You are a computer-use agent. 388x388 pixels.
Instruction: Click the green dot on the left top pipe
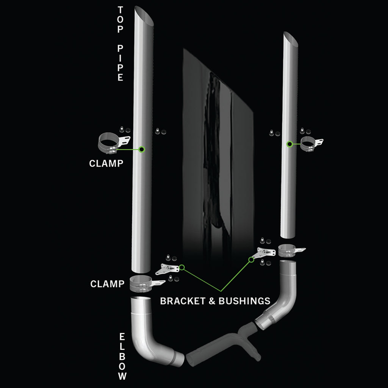(142, 150)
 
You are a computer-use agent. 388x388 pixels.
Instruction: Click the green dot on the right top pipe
(289, 144)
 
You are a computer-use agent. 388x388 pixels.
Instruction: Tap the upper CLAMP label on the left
(106, 163)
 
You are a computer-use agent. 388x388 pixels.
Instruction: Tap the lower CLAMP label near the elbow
(108, 284)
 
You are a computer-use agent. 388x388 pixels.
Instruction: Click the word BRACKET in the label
(183, 301)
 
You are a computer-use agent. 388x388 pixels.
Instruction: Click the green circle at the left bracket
(182, 268)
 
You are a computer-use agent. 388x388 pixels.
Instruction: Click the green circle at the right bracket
(251, 260)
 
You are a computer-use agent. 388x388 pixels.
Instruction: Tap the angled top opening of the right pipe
(291, 38)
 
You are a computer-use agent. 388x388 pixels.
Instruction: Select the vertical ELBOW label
(122, 356)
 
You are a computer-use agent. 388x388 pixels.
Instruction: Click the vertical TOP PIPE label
(120, 43)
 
